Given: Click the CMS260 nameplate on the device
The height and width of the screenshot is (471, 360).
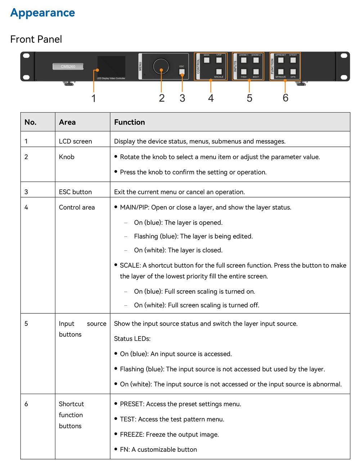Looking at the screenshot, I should point(68,67).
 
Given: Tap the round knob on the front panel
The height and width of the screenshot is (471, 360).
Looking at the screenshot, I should point(161,67).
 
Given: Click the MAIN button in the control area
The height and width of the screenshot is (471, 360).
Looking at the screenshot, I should point(207,60).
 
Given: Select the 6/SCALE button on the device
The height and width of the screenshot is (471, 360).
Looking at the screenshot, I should point(219,72).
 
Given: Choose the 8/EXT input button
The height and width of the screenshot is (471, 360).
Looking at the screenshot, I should point(256,72).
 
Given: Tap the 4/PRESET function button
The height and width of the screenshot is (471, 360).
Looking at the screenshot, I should point(281,60).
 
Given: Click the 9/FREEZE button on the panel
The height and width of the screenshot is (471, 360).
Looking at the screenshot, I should point(281,72).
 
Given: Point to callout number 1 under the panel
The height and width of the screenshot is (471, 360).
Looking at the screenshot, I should point(94,98).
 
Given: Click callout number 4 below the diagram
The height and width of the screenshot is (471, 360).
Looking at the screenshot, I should point(211,98).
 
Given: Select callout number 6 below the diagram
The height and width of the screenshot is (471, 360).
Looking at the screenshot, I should point(285,98).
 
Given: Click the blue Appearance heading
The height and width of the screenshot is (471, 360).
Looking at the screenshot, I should point(42,13).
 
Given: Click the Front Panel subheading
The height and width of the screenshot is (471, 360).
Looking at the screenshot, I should point(36,39).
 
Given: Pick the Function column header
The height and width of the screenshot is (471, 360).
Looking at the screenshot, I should point(129,122).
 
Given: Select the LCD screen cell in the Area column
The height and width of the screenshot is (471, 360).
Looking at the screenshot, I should point(75,141).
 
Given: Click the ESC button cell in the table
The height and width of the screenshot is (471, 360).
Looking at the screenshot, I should point(75,192).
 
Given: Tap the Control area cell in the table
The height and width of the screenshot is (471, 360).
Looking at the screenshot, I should point(77,208).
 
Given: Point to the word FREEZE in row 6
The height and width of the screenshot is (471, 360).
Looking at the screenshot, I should point(131,435).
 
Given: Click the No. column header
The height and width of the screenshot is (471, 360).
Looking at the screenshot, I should point(30,122).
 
